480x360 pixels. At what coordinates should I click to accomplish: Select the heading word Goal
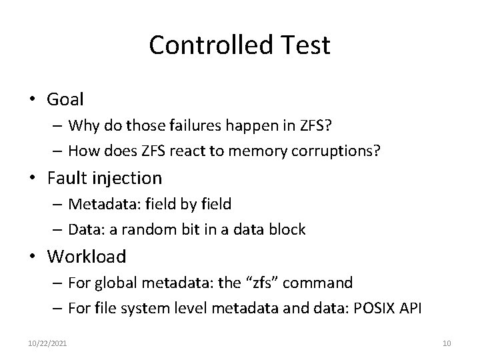(65, 100)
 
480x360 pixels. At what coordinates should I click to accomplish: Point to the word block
(288, 229)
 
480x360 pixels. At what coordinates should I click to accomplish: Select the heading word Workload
(87, 256)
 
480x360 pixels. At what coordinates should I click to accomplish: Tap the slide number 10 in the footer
(447, 343)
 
